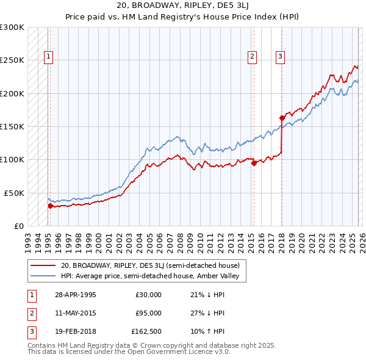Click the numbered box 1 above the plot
(48, 57)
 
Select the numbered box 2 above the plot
(252, 57)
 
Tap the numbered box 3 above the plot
(280, 57)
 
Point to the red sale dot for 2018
(282, 118)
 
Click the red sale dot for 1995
(50, 206)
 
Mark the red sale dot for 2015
(254, 162)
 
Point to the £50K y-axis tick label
(15, 193)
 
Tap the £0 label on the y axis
(19, 226)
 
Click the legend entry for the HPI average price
(152, 276)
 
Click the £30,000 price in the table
(148, 295)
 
